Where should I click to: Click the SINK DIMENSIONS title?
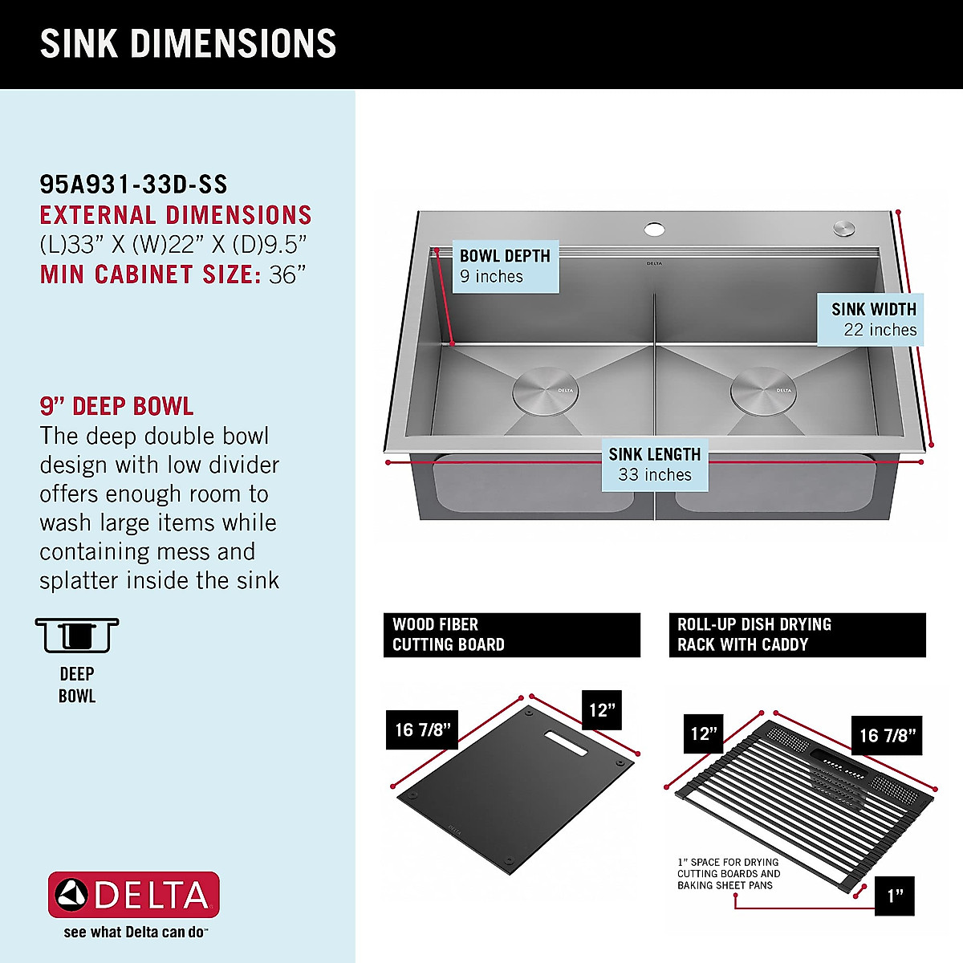pos(188,44)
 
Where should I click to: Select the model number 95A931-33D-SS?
pos(133,185)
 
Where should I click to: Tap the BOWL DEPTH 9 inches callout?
pos(505,266)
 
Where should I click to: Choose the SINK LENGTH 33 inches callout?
pos(654,465)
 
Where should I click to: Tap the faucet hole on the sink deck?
pos(654,230)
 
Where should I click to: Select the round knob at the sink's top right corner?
pos(843,228)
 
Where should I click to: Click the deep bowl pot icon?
pos(77,636)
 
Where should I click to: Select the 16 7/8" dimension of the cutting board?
pos(422,730)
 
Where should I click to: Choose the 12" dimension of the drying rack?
pos(704,733)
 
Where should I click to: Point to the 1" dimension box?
pos(895,896)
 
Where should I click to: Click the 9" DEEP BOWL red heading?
pos(116,406)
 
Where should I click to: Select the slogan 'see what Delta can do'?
pos(135,933)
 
